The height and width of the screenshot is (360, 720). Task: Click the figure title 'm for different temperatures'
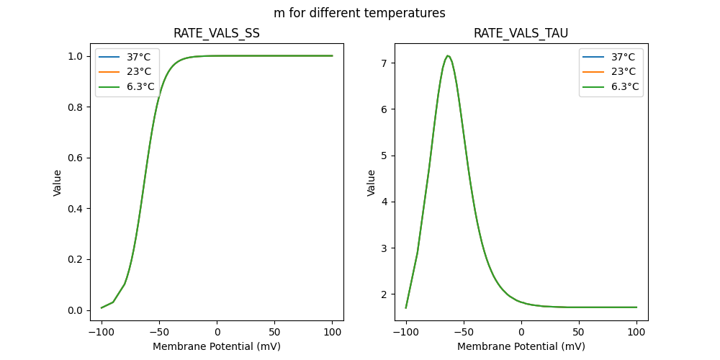click(x=359, y=13)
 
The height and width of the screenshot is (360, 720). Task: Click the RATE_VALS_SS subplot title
click(x=217, y=34)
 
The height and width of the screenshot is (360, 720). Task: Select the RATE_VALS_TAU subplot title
click(x=521, y=34)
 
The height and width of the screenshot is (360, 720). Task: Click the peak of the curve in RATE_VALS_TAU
click(x=448, y=55)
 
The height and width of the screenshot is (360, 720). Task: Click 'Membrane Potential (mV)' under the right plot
click(x=521, y=346)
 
